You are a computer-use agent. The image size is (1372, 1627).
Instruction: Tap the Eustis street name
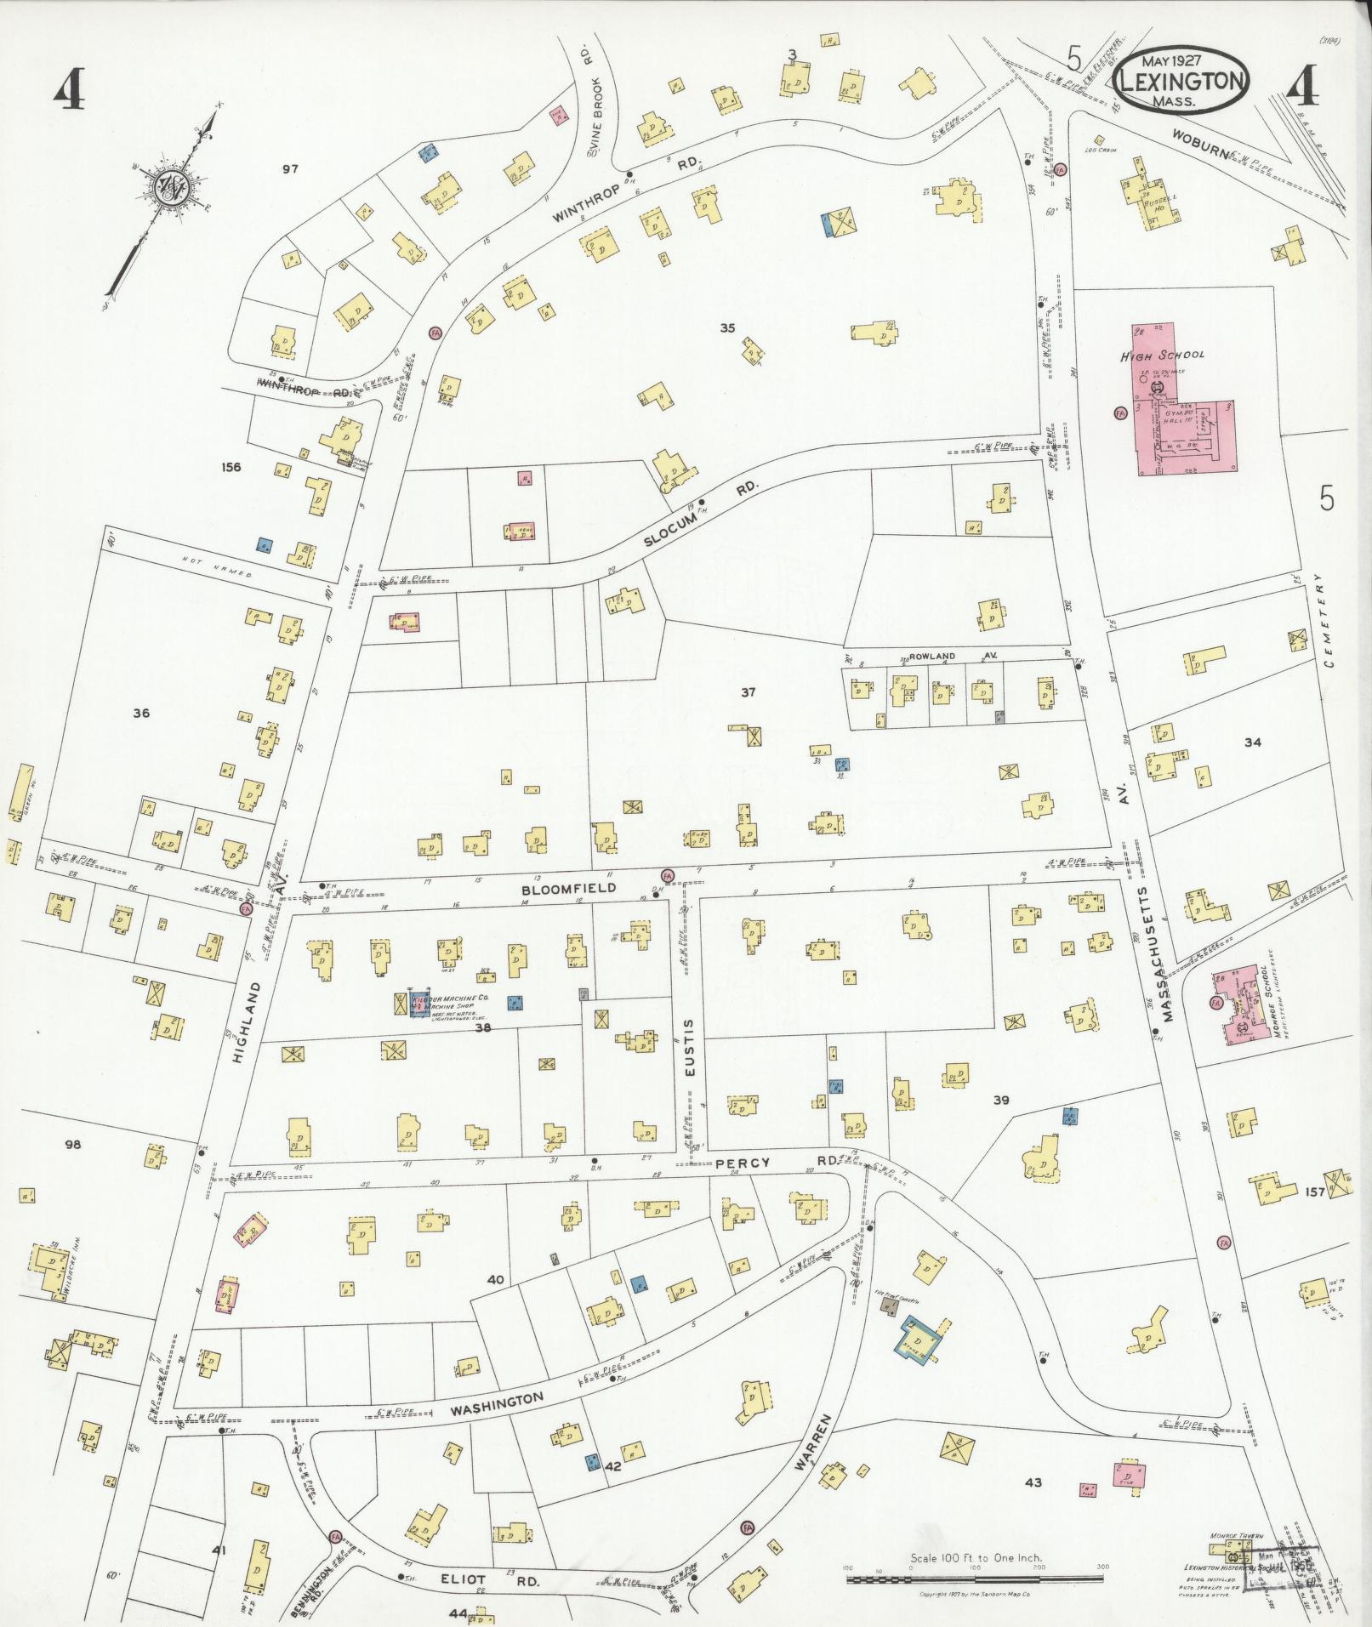point(690,1048)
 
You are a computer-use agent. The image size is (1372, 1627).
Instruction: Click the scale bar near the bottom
point(975,1579)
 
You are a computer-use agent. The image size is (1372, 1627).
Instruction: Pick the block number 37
point(747,692)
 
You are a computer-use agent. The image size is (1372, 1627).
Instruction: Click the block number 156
point(231,467)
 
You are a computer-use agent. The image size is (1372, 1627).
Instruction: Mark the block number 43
point(1033,1482)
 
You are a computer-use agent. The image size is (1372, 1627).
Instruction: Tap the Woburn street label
point(1199,145)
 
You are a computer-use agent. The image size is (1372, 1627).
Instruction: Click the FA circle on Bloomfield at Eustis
point(667,874)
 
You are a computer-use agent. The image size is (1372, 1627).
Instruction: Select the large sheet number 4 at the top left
point(69,89)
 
